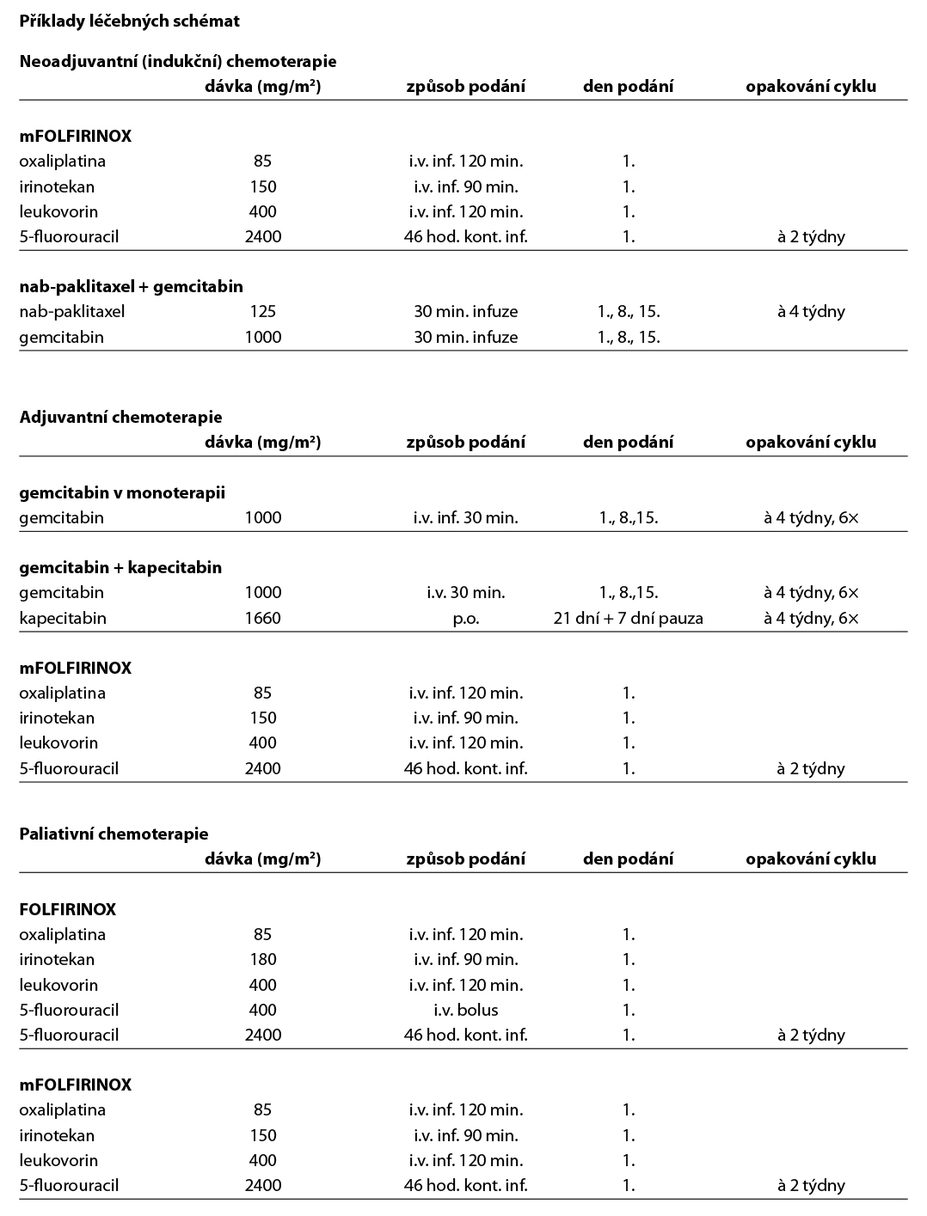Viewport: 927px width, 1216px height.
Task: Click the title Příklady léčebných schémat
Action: coord(129,21)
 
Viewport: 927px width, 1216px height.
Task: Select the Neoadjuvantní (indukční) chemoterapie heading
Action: coord(177,61)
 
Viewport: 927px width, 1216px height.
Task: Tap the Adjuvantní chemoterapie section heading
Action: coord(120,417)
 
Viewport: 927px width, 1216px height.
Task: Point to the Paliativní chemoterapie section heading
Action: coord(114,834)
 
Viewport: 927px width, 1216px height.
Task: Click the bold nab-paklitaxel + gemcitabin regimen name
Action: coord(131,286)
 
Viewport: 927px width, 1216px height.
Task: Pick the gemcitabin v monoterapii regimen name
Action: coord(122,492)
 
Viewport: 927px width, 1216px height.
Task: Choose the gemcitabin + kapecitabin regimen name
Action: coord(120,567)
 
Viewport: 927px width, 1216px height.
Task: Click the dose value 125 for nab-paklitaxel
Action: coord(262,311)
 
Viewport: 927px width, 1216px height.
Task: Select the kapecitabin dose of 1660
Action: coord(262,618)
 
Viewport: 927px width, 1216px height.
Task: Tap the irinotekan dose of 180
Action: coord(262,959)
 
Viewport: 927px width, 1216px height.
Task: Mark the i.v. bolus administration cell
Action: coord(466,1010)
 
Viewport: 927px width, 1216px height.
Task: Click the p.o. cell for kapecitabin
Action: coord(466,618)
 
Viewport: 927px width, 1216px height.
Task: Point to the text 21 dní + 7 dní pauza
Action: coord(629,618)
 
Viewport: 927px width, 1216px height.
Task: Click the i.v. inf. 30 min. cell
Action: coord(466,517)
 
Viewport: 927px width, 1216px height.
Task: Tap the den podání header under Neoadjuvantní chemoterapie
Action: coord(629,86)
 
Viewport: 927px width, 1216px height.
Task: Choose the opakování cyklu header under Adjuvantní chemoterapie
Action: coord(811,442)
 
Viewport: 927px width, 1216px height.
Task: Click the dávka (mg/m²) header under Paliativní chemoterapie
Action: coord(262,859)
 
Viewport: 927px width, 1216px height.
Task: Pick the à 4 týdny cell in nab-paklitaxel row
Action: coord(811,311)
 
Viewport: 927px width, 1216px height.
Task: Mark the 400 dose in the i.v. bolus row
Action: coord(262,1010)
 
